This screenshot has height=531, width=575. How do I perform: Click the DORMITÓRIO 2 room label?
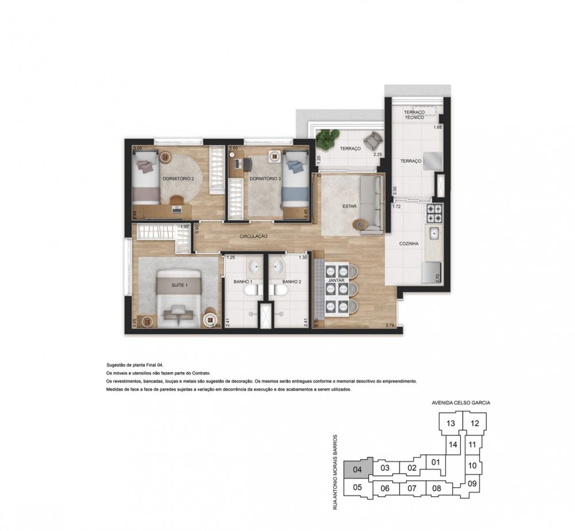coord(178,179)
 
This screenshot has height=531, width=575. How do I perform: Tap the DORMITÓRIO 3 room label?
coord(265,179)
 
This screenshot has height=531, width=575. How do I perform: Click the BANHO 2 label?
coord(292,282)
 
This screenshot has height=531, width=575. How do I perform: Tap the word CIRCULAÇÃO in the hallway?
coord(254,236)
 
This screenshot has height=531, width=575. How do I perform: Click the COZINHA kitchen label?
coord(409,244)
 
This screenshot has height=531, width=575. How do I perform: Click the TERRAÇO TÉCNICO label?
coord(414,114)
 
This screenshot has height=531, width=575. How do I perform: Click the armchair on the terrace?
coord(373,140)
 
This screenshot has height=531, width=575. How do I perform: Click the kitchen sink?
coord(435,234)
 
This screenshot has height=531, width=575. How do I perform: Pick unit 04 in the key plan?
coord(358,469)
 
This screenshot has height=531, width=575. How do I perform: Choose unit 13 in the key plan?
coord(451,424)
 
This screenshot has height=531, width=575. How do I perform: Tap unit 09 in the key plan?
coord(473,484)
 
